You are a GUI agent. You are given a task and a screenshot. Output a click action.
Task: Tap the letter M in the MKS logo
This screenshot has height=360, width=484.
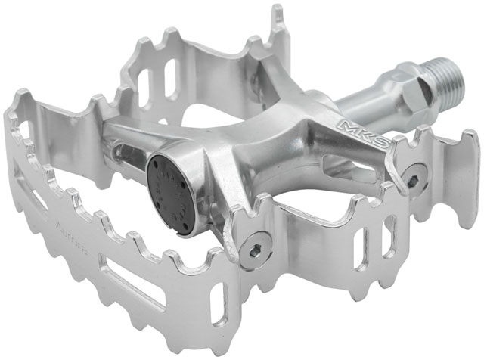[346, 124]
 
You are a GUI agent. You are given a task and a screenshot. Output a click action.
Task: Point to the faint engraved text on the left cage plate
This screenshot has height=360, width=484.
[85, 225]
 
